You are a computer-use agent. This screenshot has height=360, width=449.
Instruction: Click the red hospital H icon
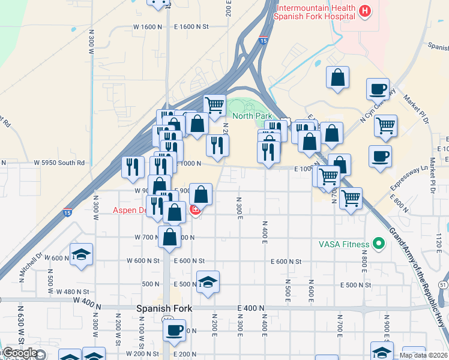(364, 11)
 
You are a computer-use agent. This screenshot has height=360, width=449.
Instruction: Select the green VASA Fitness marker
(378, 244)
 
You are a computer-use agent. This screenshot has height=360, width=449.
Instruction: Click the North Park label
(252, 116)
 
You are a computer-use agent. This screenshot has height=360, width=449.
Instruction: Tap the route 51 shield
(443, 284)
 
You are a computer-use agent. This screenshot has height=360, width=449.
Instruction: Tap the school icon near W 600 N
(81, 254)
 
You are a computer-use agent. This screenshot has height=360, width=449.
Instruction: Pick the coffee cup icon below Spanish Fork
(175, 330)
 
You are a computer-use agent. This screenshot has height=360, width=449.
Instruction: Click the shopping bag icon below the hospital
(338, 77)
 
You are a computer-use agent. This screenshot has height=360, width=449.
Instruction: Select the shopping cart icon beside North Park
(214, 104)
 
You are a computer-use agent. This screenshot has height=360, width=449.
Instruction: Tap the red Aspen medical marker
(195, 210)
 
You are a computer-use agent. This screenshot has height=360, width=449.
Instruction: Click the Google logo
(20, 353)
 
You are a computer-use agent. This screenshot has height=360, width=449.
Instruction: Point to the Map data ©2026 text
(424, 355)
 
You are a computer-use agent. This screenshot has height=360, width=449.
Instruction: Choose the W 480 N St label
(72, 292)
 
